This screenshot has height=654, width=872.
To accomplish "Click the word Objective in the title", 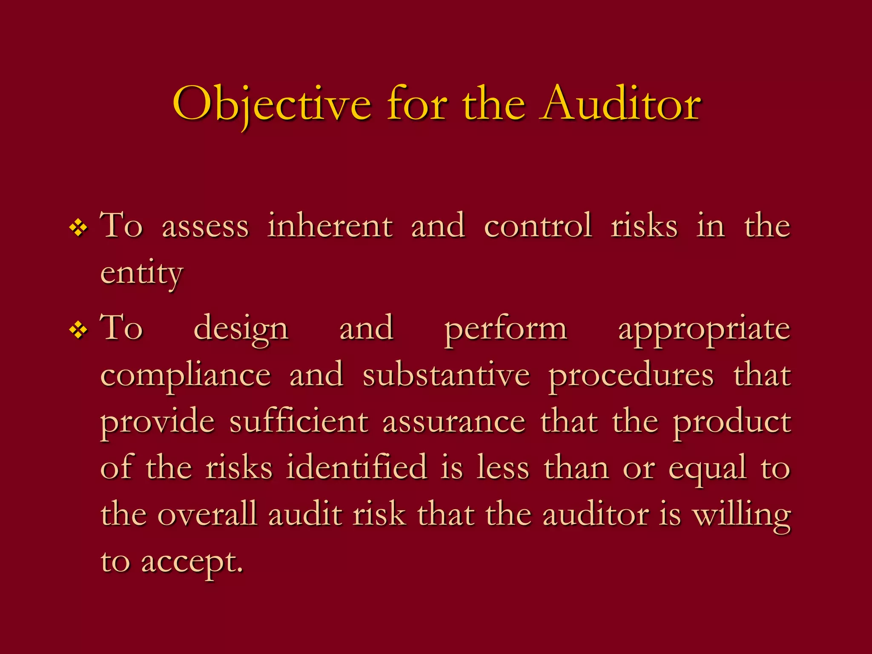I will coord(272,104).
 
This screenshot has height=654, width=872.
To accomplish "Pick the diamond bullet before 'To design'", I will coord(78,330).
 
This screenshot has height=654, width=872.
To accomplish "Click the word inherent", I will coord(330,226).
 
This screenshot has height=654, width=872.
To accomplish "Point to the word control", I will coord(538,226).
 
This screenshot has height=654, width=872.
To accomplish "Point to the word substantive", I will coord(446,375).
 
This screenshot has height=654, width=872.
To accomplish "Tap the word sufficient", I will coord(298,422).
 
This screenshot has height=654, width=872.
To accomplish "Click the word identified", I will coord(357,468).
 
